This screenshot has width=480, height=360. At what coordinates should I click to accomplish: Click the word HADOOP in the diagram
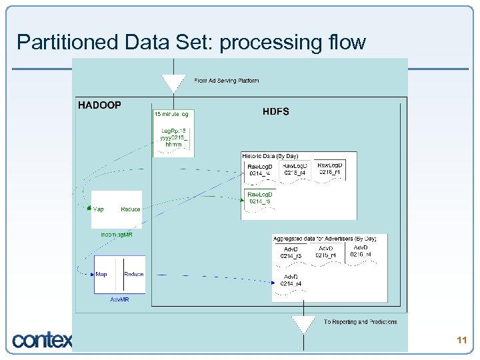pyautogui.click(x=99, y=105)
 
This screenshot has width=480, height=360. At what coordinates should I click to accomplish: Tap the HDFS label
pyautogui.click(x=276, y=111)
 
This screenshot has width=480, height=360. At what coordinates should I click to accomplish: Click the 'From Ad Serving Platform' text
pyautogui.click(x=226, y=81)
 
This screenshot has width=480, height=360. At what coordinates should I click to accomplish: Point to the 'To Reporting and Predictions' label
pyautogui.click(x=360, y=322)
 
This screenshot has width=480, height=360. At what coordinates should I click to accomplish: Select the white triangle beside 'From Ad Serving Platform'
pyautogui.click(x=173, y=83)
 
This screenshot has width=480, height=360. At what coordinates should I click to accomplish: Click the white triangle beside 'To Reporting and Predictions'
pyautogui.click(x=303, y=324)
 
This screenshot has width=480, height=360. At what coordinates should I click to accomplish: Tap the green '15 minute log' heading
pyautogui.click(x=171, y=114)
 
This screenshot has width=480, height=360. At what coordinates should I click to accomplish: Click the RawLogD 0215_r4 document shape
pyautogui.click(x=295, y=169)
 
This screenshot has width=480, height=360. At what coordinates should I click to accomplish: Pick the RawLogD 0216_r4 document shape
pyautogui.click(x=329, y=168)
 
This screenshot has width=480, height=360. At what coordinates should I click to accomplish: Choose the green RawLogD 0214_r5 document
pyautogui.click(x=259, y=198)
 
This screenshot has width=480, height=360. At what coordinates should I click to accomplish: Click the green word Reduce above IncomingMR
pyautogui.click(x=131, y=209)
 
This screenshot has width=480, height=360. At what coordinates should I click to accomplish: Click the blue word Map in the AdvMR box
pyautogui.click(x=101, y=274)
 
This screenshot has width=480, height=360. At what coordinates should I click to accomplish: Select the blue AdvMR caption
pyautogui.click(x=119, y=299)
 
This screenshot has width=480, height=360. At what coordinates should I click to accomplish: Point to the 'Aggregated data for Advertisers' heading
pyautogui.click(x=325, y=238)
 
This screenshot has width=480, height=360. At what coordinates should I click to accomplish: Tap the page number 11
pyautogui.click(x=461, y=340)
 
